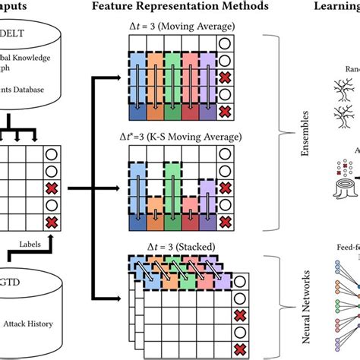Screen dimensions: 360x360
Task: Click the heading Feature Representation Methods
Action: [x=180, y=7]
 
